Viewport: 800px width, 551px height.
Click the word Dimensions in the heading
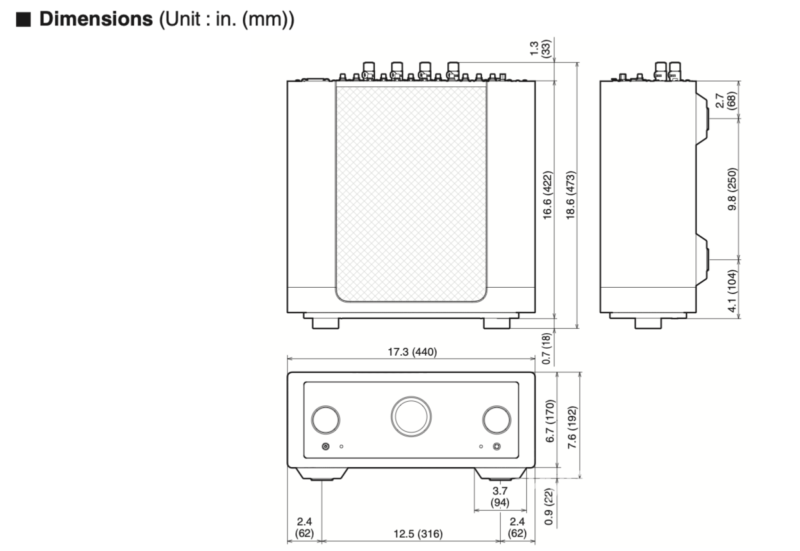pos(95,19)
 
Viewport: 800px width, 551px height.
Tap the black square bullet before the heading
pos(23,19)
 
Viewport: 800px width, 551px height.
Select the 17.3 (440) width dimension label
pos(412,352)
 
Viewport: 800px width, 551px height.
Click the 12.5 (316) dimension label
pos(418,534)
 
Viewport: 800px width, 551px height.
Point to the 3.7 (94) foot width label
pos(499,497)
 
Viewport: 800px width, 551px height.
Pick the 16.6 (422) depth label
pos(547,195)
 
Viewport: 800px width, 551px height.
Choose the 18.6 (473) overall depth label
pos(570,195)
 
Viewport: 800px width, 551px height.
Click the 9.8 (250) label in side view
pos(732,189)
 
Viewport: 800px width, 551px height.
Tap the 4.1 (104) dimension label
pos(732,291)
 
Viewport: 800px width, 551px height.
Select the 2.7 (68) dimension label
pos(725,100)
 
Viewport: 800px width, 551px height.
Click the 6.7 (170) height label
pos(550,421)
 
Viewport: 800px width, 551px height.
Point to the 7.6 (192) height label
pos(572,427)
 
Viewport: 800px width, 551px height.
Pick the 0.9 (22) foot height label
pos(549,507)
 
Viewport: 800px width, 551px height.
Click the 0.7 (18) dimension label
pos(546,348)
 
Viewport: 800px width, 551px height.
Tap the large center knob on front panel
pos(411,416)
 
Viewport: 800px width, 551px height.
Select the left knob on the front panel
pos(325,419)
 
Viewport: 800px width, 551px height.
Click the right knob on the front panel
pos(496,419)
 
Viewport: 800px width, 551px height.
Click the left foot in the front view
pos(321,474)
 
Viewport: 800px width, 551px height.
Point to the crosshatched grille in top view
pos(411,194)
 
